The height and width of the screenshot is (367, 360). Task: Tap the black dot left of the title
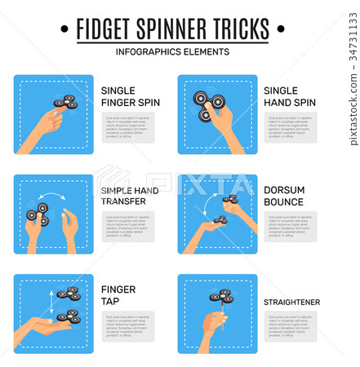pyautogui.click(x=64, y=29)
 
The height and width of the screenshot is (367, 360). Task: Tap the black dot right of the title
pyautogui.click(x=280, y=29)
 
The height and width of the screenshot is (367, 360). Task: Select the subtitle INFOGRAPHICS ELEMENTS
pyautogui.click(x=172, y=51)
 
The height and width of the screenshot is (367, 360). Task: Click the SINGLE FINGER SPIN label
pyautogui.click(x=130, y=97)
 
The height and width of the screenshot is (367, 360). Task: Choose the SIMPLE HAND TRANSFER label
pyautogui.click(x=130, y=197)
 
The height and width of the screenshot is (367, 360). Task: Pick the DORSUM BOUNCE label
pyautogui.click(x=283, y=197)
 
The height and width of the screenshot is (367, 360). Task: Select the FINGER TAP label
pyautogui.click(x=118, y=296)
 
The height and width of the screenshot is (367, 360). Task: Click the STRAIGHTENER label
pyautogui.click(x=291, y=302)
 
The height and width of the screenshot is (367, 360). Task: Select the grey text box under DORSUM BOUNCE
pyautogui.click(x=290, y=227)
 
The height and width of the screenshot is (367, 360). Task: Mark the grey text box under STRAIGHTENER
pyautogui.click(x=290, y=326)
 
